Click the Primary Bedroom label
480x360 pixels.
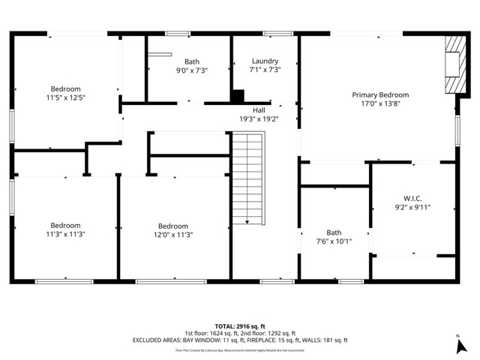click(x=380, y=95)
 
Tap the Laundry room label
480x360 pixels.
click(x=265, y=61)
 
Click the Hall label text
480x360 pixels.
click(x=258, y=109)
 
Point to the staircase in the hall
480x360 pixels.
click(x=248, y=178)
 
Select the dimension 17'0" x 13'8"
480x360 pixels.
click(x=380, y=105)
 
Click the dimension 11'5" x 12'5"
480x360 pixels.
click(x=65, y=98)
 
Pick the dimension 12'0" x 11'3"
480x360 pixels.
click(x=173, y=235)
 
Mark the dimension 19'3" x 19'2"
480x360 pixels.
click(x=258, y=118)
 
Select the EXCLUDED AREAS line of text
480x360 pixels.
click(x=240, y=340)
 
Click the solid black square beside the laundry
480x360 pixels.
click(x=238, y=96)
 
